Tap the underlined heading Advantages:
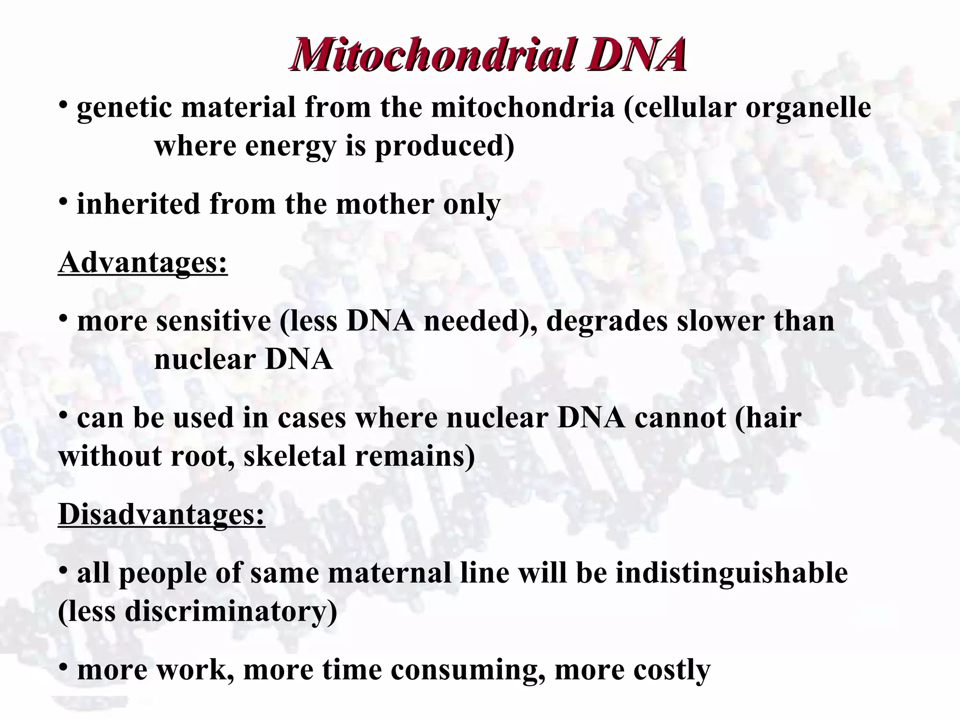click(143, 262)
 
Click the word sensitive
click(214, 322)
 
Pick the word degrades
click(607, 322)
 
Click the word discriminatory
click(231, 611)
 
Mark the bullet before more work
click(63, 667)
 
